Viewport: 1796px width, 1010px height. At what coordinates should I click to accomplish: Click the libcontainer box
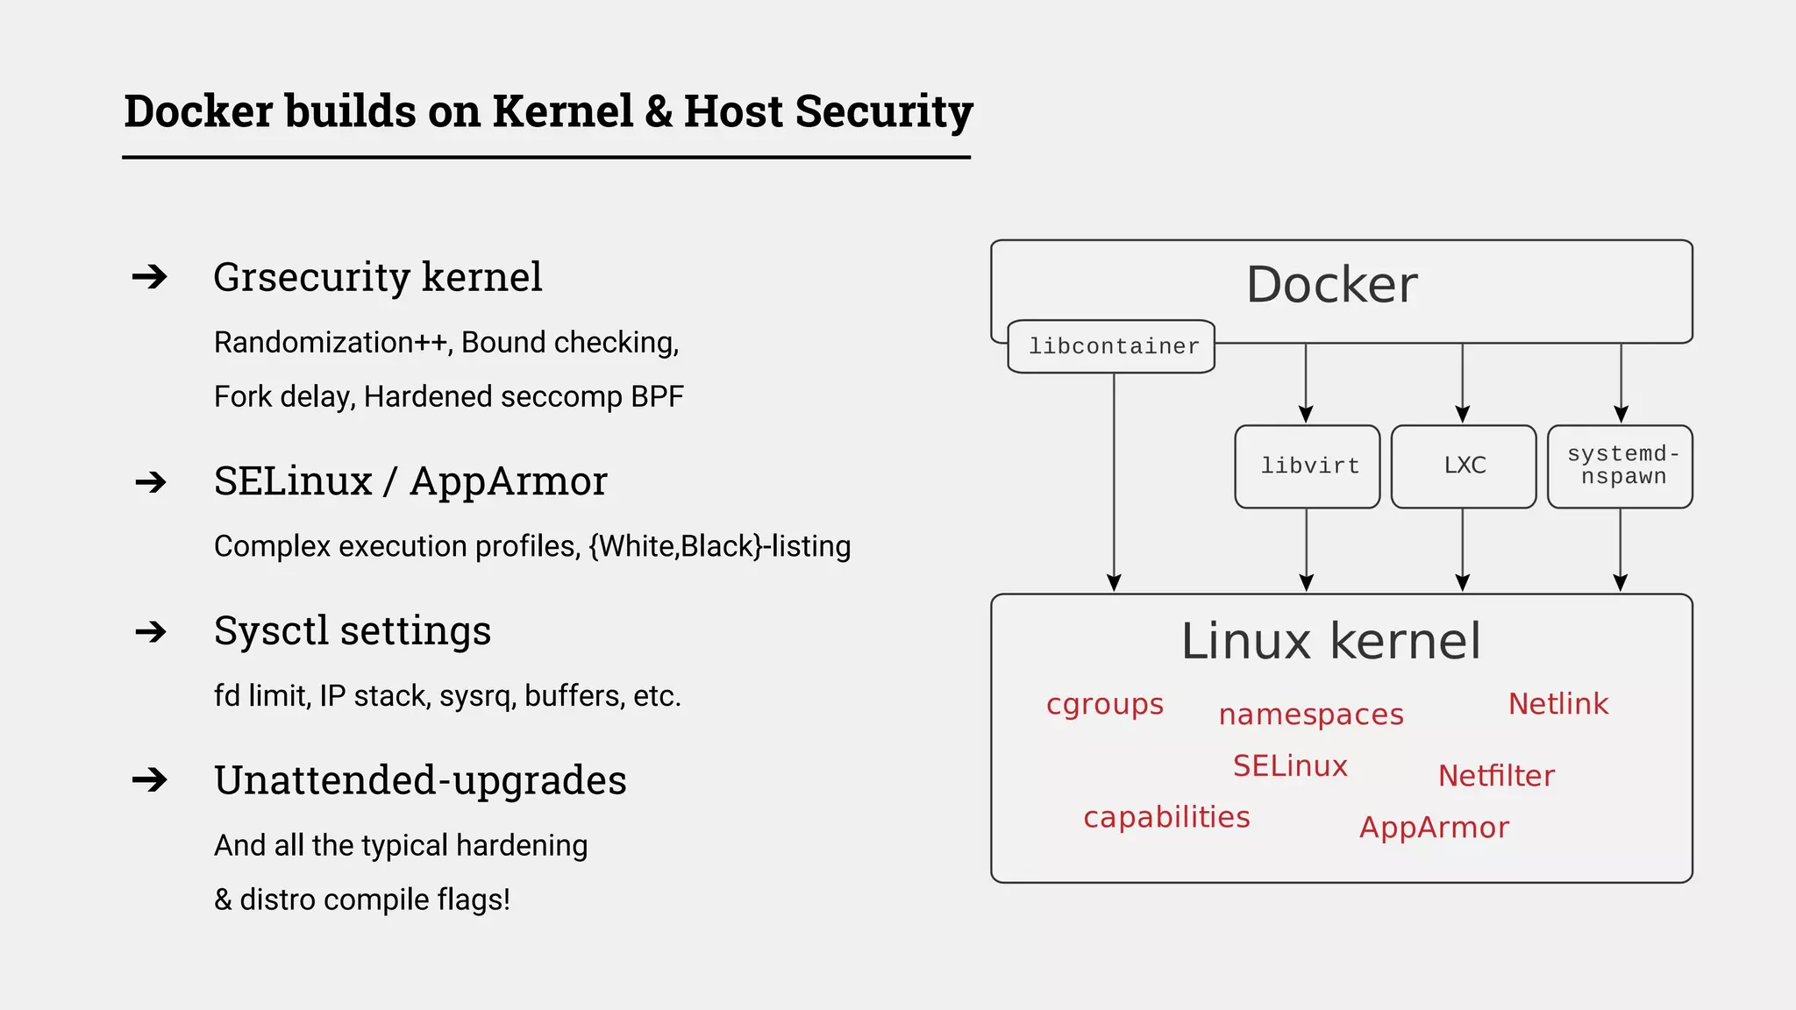(1111, 346)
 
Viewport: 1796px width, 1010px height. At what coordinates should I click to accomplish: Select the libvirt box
(1308, 466)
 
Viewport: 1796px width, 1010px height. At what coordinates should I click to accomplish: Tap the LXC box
(1464, 466)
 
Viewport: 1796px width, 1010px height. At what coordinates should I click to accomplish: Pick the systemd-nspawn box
(1621, 466)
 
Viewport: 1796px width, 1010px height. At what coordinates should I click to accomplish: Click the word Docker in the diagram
(1331, 285)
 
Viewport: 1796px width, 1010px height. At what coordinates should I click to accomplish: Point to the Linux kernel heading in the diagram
(1330, 641)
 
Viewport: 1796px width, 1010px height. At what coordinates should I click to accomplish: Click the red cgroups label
(1104, 704)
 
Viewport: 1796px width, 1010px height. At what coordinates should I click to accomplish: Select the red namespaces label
(1311, 715)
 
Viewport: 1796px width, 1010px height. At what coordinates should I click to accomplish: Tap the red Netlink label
(1557, 703)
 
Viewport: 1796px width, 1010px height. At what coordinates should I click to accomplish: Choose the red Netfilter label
(1496, 775)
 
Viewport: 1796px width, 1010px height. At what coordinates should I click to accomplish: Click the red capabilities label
(1166, 817)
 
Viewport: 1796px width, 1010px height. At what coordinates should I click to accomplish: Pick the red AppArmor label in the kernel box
(1434, 827)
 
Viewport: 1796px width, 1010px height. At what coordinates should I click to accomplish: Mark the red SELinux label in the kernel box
(1289, 765)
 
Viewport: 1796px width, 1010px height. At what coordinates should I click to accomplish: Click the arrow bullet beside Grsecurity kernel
(150, 277)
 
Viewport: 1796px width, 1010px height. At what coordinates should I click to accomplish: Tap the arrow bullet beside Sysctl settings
(151, 631)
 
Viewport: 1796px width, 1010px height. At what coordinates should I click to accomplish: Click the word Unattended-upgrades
(420, 779)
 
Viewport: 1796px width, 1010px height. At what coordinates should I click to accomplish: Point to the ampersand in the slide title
(659, 111)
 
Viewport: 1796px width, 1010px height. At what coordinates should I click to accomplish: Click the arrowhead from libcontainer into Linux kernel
(1114, 583)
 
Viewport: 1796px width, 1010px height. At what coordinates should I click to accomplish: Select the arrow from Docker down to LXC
(1462, 382)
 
